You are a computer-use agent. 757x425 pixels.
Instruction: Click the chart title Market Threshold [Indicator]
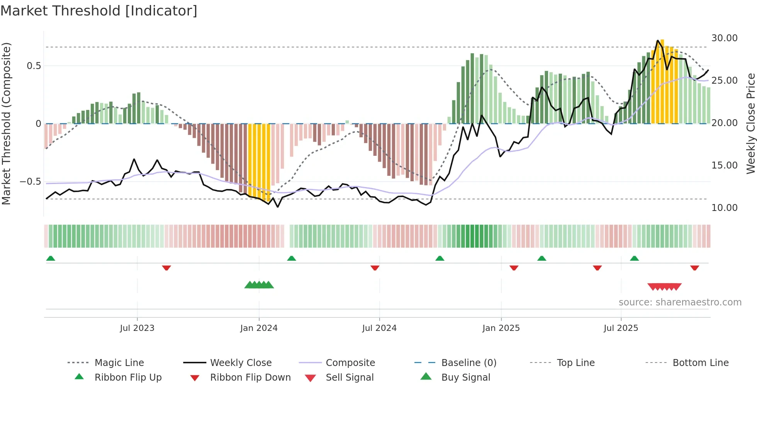[x=99, y=11]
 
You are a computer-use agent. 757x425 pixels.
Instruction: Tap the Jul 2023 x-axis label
[x=137, y=328]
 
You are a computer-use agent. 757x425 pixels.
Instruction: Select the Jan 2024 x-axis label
[x=259, y=328]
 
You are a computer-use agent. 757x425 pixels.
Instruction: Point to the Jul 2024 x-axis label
[x=379, y=328]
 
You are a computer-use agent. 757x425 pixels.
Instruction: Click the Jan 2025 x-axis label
[x=501, y=328]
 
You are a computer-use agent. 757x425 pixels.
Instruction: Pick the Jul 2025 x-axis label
[x=621, y=328]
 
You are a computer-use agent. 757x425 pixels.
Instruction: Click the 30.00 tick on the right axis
[x=724, y=38]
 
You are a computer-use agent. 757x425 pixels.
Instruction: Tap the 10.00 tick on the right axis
[x=724, y=208]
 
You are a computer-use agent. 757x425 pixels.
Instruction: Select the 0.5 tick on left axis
[x=34, y=66]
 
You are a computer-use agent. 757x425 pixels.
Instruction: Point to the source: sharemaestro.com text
[x=680, y=302]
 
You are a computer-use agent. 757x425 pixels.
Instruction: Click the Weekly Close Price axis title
[x=750, y=123]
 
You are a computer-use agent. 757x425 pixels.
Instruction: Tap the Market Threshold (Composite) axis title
[x=6, y=123]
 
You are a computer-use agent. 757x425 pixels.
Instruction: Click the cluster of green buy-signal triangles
[x=259, y=285]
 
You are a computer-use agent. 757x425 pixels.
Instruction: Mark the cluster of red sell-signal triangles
[x=664, y=287]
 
